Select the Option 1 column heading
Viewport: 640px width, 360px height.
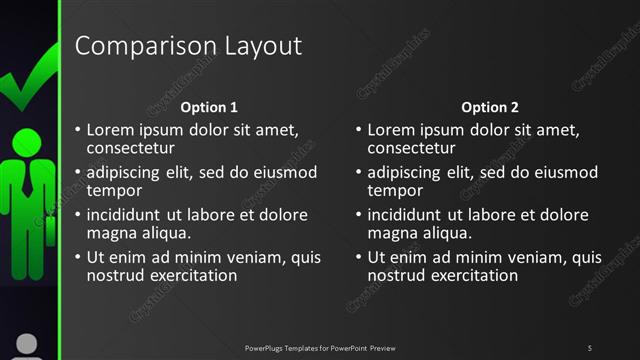pos(209,107)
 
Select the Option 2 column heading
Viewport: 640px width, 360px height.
pos(490,107)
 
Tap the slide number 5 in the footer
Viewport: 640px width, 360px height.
pos(589,347)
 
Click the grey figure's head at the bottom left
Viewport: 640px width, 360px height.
pos(27,343)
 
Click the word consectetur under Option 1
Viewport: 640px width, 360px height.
pos(131,149)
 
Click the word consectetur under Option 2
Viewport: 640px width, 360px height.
pos(412,149)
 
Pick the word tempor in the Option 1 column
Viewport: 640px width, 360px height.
pos(113,191)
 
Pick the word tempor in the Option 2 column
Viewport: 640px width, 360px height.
pos(394,191)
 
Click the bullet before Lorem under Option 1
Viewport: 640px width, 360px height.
pos(78,131)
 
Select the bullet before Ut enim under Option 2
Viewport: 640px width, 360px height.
pos(359,258)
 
